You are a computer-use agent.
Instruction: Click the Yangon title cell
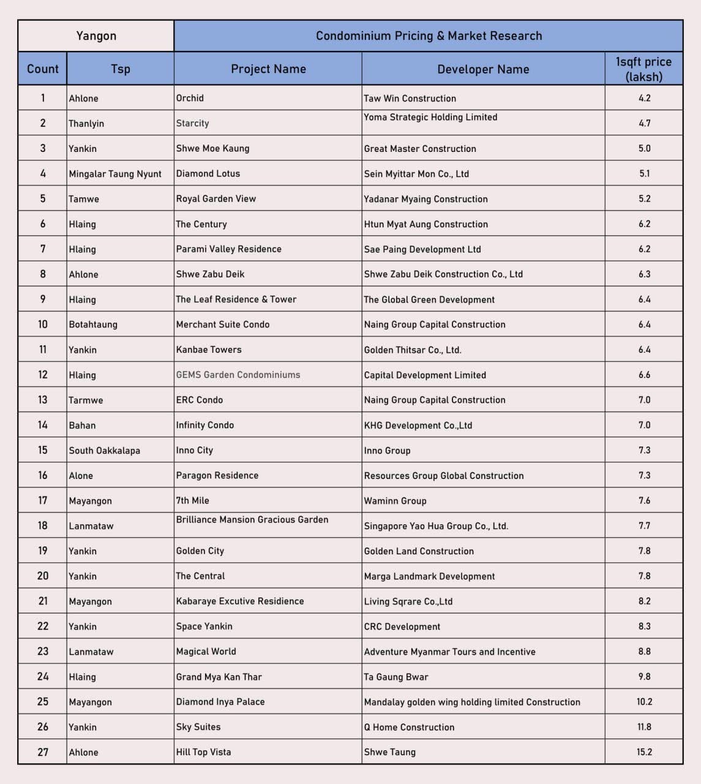point(96,36)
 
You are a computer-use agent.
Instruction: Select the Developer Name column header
point(483,69)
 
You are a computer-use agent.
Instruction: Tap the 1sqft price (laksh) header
point(643,69)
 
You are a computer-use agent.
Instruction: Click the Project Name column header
point(268,69)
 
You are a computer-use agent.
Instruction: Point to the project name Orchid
point(190,98)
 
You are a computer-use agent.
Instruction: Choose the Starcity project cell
point(192,123)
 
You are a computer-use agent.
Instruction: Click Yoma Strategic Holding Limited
point(430,117)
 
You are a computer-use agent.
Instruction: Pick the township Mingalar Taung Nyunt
point(115,174)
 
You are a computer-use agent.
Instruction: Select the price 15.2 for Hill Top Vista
point(644,752)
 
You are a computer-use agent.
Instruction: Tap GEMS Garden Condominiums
point(238,375)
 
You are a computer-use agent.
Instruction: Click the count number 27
point(43,752)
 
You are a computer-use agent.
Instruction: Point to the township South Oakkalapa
point(104,450)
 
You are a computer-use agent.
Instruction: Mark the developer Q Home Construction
point(409,727)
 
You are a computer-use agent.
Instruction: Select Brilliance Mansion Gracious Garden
point(252,519)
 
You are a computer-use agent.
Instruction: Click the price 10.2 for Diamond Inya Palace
point(644,702)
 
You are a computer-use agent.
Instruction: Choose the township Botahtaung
point(93,325)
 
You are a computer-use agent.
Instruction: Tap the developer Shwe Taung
point(389,752)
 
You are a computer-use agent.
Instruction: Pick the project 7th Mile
point(192,500)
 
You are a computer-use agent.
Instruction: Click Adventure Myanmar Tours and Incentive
point(449,652)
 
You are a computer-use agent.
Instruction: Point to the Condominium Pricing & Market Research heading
point(429,36)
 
